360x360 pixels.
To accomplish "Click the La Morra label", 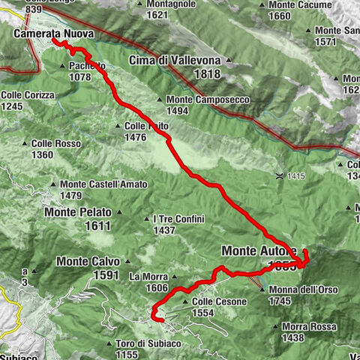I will click(x=146, y=276).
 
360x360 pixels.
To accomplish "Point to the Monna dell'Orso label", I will click(x=307, y=289).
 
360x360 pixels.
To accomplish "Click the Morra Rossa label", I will click(x=308, y=326).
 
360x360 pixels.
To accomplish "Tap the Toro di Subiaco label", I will click(x=148, y=343).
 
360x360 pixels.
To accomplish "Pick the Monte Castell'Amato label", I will click(x=103, y=184).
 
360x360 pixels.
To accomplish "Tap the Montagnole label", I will click(x=166, y=4).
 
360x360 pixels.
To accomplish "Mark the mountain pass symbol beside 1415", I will click(x=279, y=176).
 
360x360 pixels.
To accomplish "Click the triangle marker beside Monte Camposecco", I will click(x=160, y=100).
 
